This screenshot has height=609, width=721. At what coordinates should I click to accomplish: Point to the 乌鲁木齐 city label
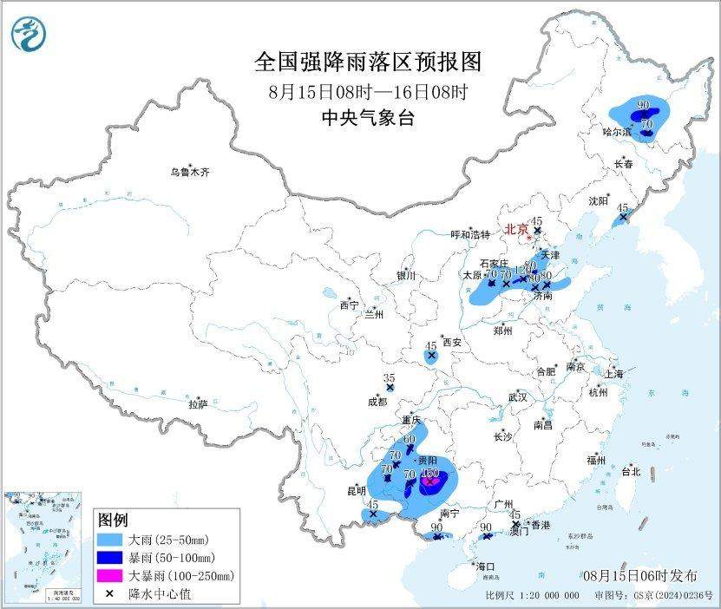point(189,173)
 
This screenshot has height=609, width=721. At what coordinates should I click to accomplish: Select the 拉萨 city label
point(198,404)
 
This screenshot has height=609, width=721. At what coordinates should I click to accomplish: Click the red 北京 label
point(516,230)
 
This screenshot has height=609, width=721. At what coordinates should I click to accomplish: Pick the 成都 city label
point(377,402)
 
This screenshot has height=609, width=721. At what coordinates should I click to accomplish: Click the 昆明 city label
point(356,491)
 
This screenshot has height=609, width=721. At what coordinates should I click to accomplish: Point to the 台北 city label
point(630,472)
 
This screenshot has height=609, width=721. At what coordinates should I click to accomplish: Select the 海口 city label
point(485,566)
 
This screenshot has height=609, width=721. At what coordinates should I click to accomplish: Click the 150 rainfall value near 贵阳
point(429,473)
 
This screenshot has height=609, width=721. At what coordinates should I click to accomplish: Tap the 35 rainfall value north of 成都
point(390,378)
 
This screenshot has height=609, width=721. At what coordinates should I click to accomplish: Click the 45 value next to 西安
point(430,346)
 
